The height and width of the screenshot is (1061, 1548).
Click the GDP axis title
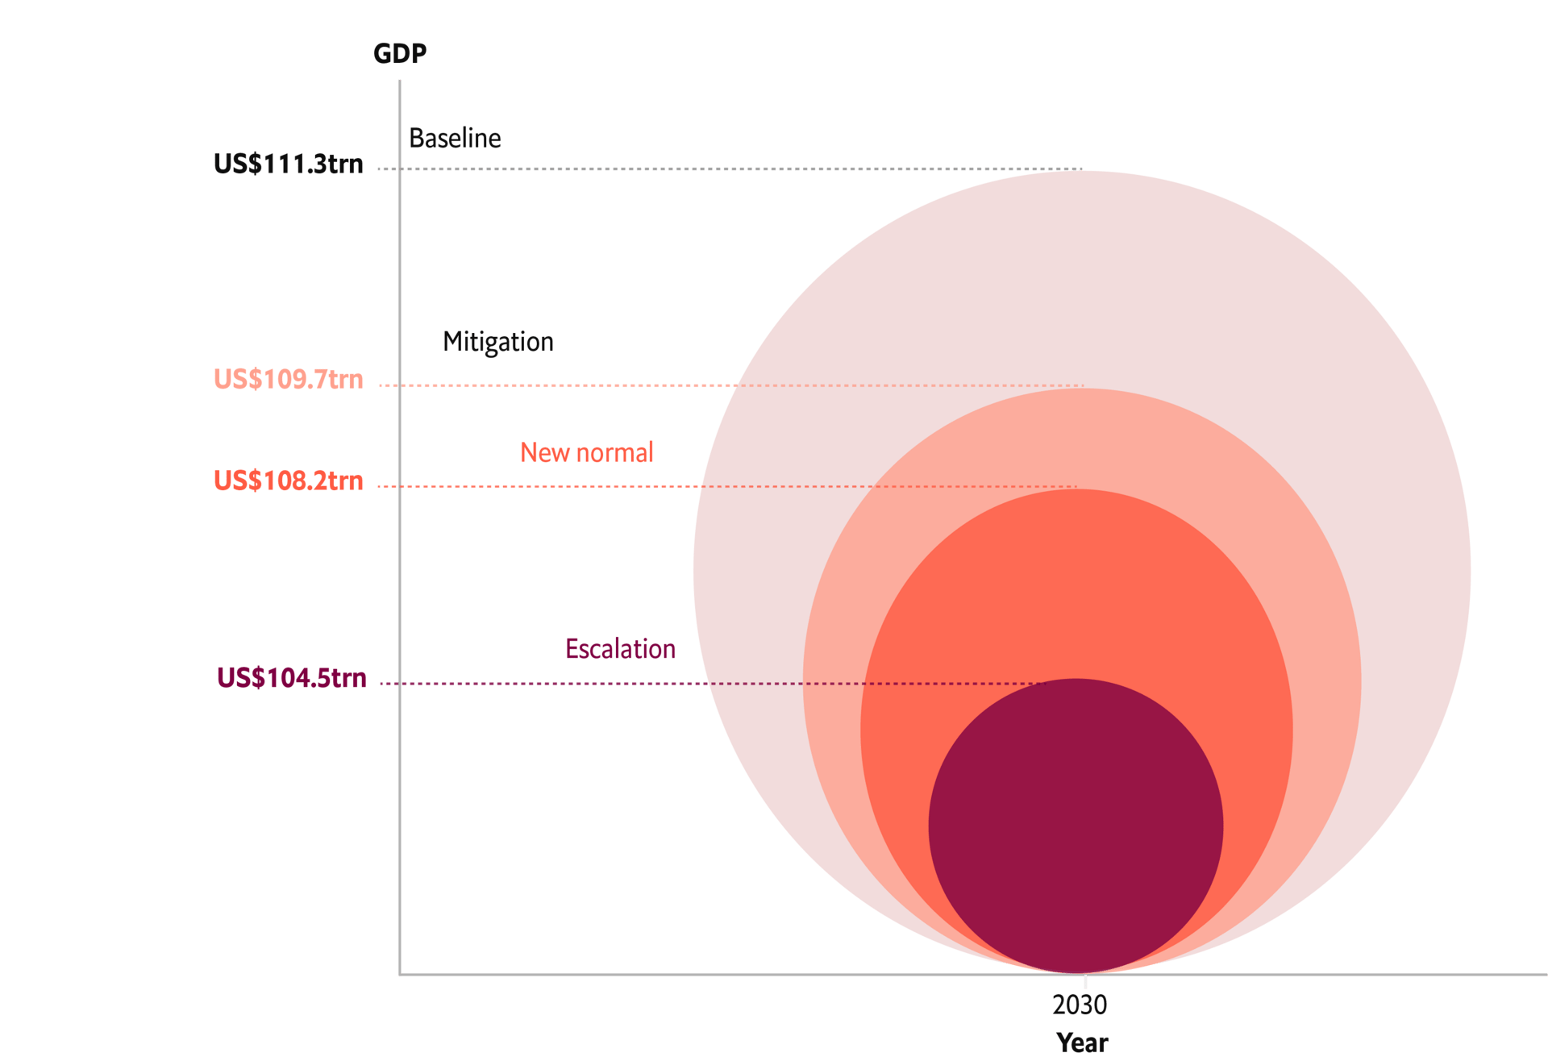pyautogui.click(x=399, y=53)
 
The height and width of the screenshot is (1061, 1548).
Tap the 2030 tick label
pyautogui.click(x=1079, y=1005)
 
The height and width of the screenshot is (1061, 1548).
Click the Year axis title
pyautogui.click(x=1082, y=1042)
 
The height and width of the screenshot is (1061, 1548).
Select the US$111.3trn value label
pyautogui.click(x=288, y=164)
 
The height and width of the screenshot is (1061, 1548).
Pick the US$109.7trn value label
pyautogui.click(x=288, y=379)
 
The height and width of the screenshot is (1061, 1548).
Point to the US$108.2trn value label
pyautogui.click(x=288, y=481)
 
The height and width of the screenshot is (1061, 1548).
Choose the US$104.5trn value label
pyautogui.click(x=291, y=677)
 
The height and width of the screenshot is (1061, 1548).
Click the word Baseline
pyautogui.click(x=455, y=138)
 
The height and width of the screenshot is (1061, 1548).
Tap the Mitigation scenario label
pyautogui.click(x=497, y=342)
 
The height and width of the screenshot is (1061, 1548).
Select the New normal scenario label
pyautogui.click(x=586, y=452)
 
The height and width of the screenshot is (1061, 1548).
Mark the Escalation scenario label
pyautogui.click(x=620, y=649)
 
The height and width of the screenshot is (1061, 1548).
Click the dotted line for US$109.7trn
pyautogui.click(x=564, y=385)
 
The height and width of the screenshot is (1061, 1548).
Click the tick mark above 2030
pyautogui.click(x=1085, y=981)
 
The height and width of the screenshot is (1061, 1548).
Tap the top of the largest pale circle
pyautogui.click(x=1082, y=174)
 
